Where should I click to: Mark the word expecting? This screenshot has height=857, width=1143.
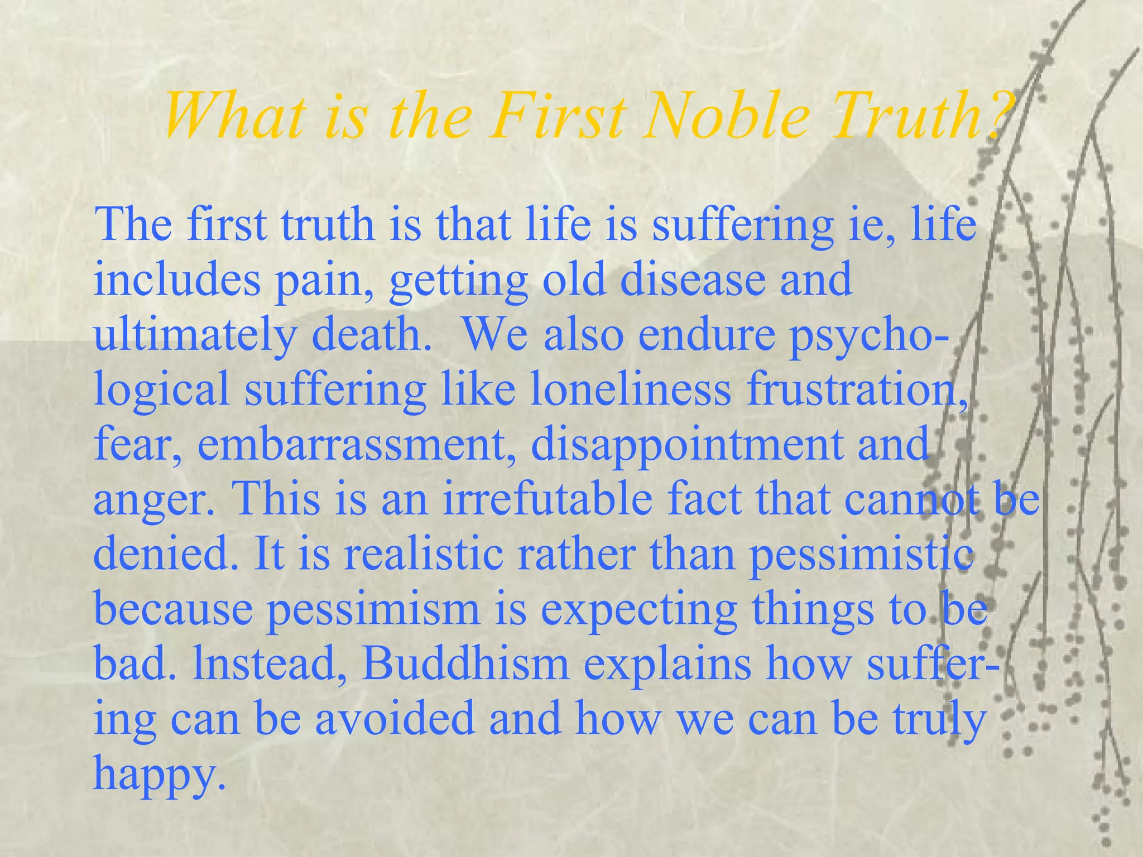click(638, 609)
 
